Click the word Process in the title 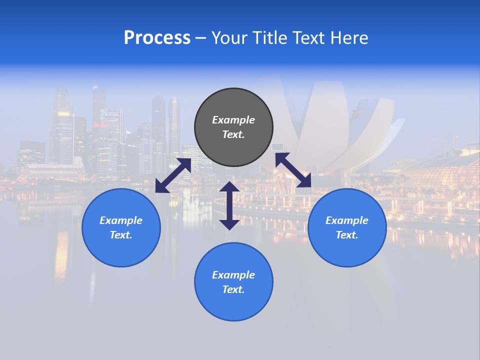(157, 38)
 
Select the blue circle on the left (121, 250)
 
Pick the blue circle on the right (347, 250)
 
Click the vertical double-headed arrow (229, 205)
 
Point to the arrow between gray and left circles (173, 175)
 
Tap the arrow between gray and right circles (293, 170)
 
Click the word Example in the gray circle (233, 120)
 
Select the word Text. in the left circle (121, 235)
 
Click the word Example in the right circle (347, 220)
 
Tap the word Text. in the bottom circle (233, 289)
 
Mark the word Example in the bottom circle (233, 275)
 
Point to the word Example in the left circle (121, 220)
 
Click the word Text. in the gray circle (233, 134)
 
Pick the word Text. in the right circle (347, 235)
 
